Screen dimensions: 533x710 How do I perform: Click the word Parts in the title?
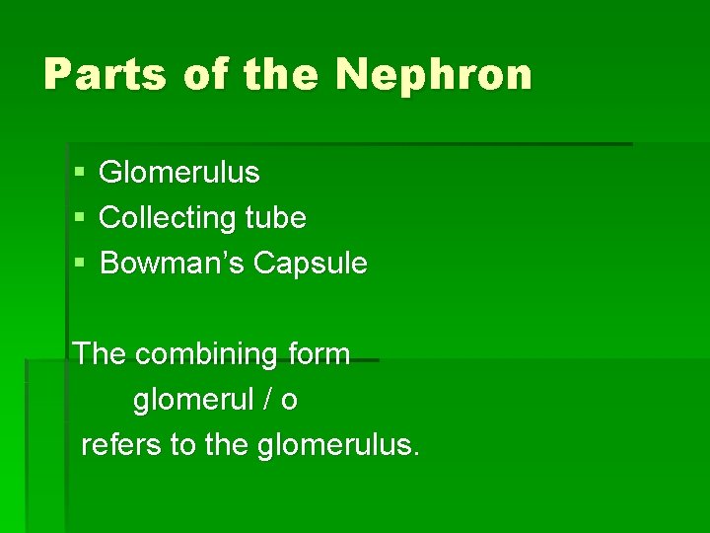tap(103, 74)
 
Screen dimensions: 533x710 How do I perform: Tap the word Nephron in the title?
tap(434, 74)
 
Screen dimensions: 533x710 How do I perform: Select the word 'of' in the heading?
tap(205, 74)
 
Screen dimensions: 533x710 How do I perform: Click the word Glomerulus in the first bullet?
tap(179, 173)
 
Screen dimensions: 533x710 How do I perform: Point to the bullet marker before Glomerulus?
tap(79, 174)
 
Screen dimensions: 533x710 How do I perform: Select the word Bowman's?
tap(173, 264)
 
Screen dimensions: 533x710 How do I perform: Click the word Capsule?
tap(310, 264)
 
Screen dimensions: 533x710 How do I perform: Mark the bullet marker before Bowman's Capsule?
tap(79, 265)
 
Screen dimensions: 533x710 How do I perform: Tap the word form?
tap(318, 353)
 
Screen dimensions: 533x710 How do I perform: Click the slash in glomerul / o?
tap(268, 400)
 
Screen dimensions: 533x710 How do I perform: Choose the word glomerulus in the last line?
tap(338, 446)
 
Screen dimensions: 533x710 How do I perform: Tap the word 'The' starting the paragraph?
tap(100, 353)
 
